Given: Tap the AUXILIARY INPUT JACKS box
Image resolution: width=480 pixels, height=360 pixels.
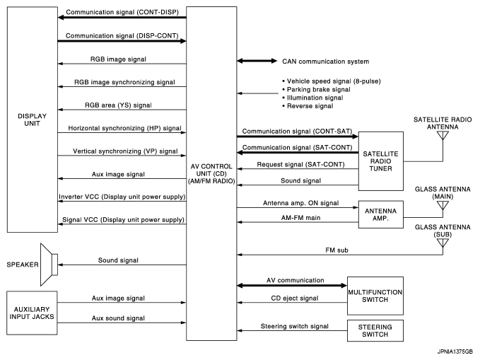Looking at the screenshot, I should (x=30, y=313).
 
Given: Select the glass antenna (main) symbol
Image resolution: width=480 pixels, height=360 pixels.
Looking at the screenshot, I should (x=443, y=207).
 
